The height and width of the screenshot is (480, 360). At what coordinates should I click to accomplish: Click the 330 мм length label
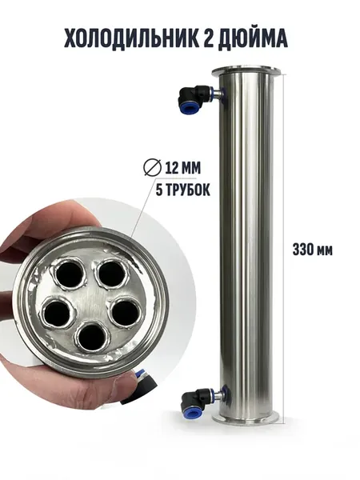click(313, 250)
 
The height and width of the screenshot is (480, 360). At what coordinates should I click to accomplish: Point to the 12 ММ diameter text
click(182, 168)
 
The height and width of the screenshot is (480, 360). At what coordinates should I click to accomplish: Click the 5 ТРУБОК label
click(182, 190)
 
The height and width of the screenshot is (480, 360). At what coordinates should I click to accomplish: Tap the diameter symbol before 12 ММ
click(152, 168)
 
